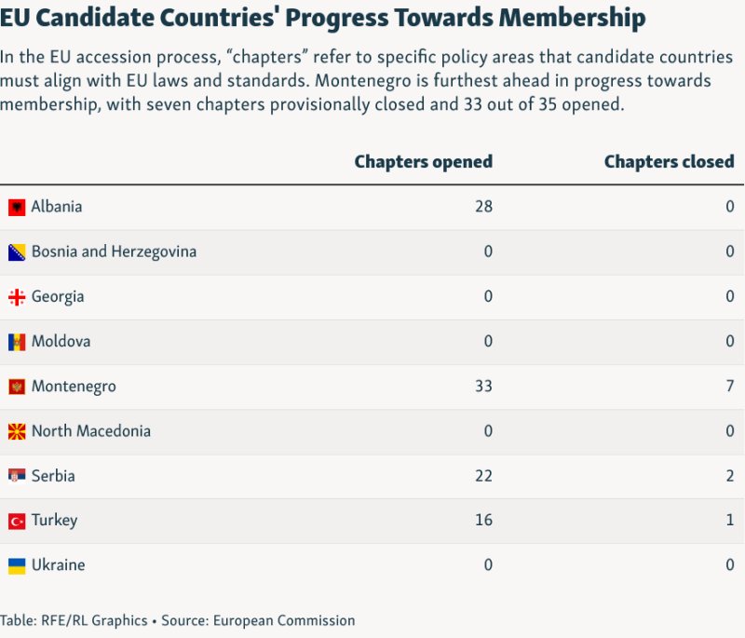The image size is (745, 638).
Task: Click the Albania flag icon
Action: click(17, 207)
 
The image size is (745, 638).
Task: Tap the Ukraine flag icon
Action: click(17, 565)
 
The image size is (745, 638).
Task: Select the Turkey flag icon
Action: click(17, 521)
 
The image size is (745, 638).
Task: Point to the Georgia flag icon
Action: click(17, 297)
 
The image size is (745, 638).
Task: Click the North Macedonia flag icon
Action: click(17, 431)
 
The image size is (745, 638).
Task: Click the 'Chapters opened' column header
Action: click(423, 161)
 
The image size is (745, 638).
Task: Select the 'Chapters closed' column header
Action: click(669, 161)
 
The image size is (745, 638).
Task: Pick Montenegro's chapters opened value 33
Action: click(482, 386)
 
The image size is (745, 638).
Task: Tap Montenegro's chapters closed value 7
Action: click(730, 386)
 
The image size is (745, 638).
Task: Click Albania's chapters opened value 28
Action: click(482, 207)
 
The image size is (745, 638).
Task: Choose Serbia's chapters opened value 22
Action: click(482, 476)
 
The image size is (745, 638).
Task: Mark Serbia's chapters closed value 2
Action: click(730, 476)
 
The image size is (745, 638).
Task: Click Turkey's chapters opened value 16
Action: click(482, 520)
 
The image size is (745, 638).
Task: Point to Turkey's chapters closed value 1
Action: click(730, 520)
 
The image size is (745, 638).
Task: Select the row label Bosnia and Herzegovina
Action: click(114, 251)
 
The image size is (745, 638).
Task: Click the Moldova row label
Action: click(61, 341)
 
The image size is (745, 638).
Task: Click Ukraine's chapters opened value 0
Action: click(488, 565)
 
